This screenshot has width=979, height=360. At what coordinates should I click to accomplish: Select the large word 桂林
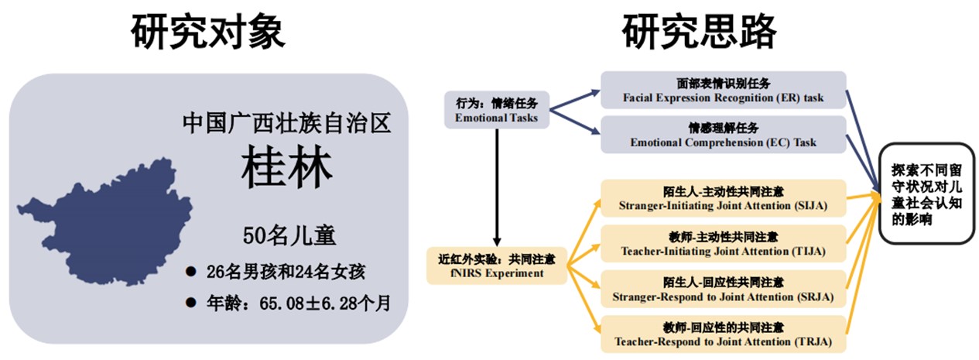(x=285, y=166)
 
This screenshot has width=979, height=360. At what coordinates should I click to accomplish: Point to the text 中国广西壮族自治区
(x=286, y=122)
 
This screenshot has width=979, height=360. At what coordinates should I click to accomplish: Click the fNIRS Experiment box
(x=496, y=265)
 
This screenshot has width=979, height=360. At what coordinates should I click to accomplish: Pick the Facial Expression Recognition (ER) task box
(x=723, y=91)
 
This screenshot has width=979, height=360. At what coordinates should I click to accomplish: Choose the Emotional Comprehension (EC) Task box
(x=723, y=134)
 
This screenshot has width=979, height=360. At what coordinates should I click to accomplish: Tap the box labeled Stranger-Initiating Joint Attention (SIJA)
(x=723, y=198)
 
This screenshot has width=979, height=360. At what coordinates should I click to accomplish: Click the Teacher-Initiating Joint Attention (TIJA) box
(x=723, y=243)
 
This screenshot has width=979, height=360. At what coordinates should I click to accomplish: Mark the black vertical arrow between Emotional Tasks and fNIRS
(x=496, y=186)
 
